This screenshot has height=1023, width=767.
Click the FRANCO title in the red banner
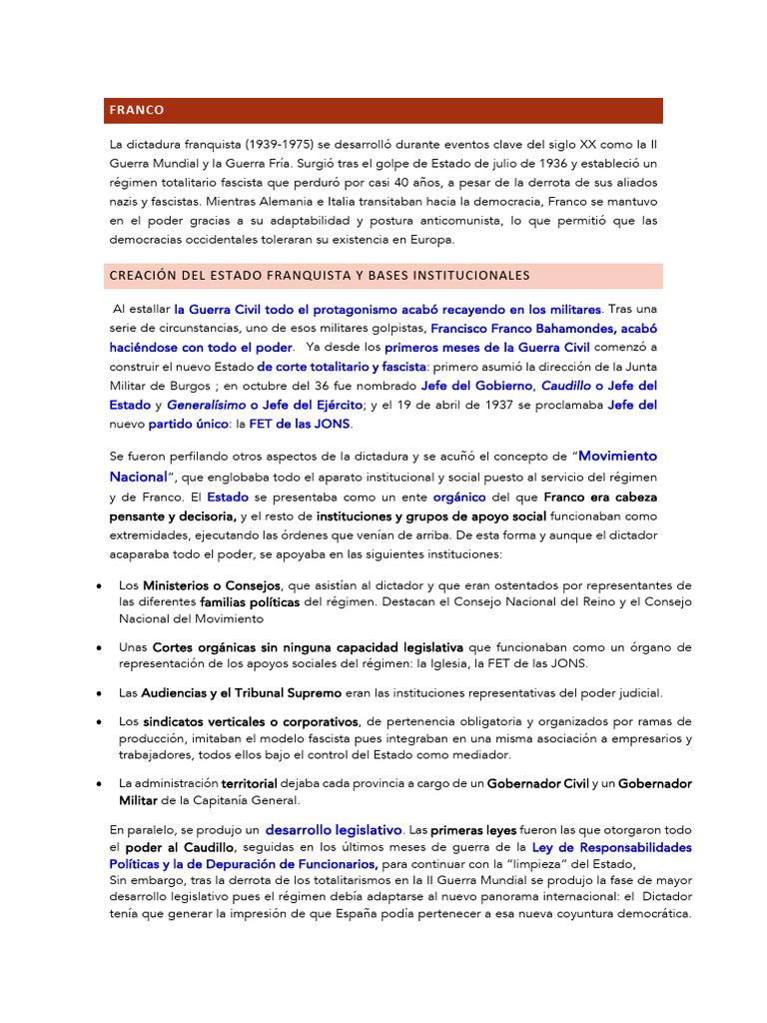138,110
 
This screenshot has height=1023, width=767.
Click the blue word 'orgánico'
459,497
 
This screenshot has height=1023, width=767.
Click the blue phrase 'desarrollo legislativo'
334,830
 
